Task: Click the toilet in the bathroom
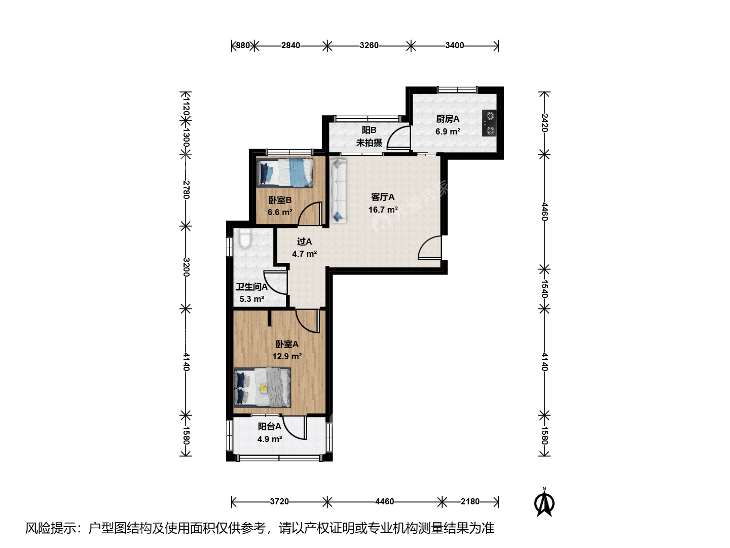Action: click(x=245, y=238)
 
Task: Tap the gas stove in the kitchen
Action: click(x=490, y=123)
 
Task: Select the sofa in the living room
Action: click(x=338, y=191)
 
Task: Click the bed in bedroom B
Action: click(x=285, y=173)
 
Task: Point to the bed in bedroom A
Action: click(x=262, y=387)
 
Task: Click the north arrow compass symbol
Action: click(x=544, y=502)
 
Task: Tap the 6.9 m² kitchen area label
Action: click(x=448, y=131)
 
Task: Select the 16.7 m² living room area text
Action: click(x=383, y=210)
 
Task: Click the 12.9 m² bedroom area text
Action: click(x=287, y=356)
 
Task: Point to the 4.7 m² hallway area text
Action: click(x=304, y=254)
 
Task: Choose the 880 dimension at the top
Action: click(x=243, y=45)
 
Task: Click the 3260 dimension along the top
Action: click(x=369, y=45)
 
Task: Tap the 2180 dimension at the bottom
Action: click(x=470, y=501)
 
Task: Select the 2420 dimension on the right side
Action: click(x=544, y=123)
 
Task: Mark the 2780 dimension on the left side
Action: click(x=186, y=190)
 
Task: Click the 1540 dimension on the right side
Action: click(x=544, y=289)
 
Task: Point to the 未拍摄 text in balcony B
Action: click(x=369, y=143)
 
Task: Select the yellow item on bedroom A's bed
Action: click(x=264, y=388)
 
